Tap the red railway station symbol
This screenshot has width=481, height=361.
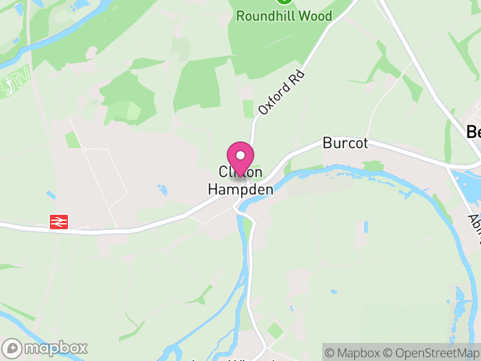coord(58,222)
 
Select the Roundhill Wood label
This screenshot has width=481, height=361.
coord(284,16)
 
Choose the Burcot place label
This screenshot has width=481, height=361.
coord(345,144)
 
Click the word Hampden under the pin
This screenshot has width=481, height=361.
coord(240,189)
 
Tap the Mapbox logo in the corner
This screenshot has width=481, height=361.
coord(46,348)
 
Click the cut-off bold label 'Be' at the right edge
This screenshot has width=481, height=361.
coord(474,132)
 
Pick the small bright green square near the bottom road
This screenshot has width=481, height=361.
coord(275,330)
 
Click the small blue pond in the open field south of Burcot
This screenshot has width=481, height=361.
coord(364,227)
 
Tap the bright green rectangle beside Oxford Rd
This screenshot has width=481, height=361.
coord(248,109)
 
